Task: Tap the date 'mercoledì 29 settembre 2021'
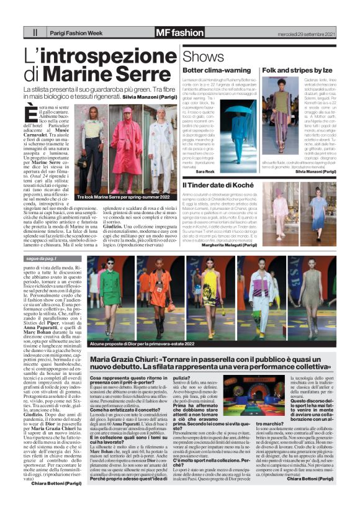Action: pyautogui.click(x=299, y=32)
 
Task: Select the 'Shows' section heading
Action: pyautogui.click(x=203, y=57)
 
